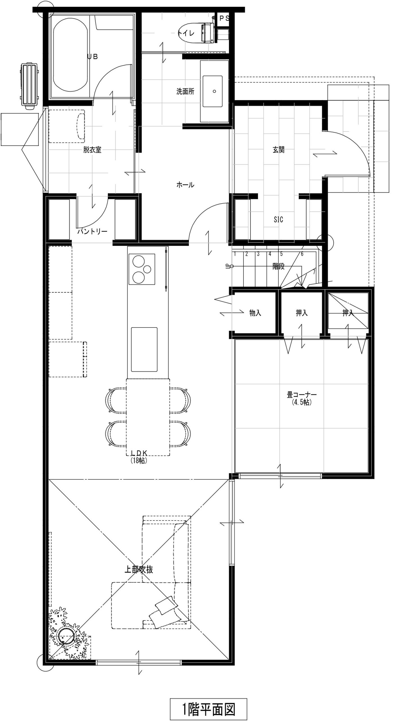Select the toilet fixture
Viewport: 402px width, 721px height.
197,33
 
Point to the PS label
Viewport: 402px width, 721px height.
224,18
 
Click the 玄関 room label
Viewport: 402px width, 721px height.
279,150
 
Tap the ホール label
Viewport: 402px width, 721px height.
185,185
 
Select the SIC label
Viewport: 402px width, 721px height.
278,219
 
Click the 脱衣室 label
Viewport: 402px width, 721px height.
92,150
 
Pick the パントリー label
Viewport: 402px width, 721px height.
92,232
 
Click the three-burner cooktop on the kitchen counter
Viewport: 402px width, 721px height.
142,269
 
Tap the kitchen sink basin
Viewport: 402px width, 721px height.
144,349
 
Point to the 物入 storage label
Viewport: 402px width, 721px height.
255,313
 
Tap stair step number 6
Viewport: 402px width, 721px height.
302,254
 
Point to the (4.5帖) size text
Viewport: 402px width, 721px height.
302,402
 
